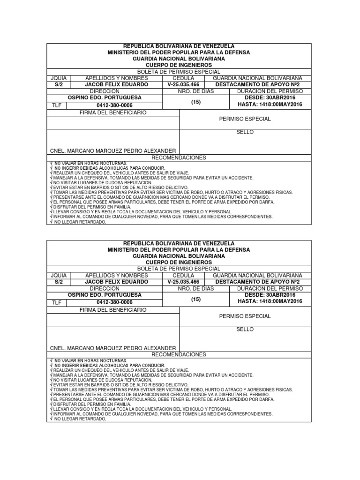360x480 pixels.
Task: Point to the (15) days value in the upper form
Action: click(195, 102)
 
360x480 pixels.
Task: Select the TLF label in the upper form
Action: click(56, 106)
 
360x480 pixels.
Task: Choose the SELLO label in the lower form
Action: click(245, 330)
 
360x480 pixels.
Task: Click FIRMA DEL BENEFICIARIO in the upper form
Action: click(113, 113)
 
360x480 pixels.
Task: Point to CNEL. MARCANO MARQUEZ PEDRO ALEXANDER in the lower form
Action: click(113, 348)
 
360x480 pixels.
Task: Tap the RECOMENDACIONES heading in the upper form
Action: click(179, 157)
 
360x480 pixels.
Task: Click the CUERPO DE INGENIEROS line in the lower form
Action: click(179, 262)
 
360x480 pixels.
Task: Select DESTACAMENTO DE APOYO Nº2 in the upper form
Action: click(257, 84)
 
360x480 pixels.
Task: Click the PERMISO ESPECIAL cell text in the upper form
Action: click(245, 119)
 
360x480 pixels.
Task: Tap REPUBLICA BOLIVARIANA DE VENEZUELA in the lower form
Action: click(179, 244)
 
